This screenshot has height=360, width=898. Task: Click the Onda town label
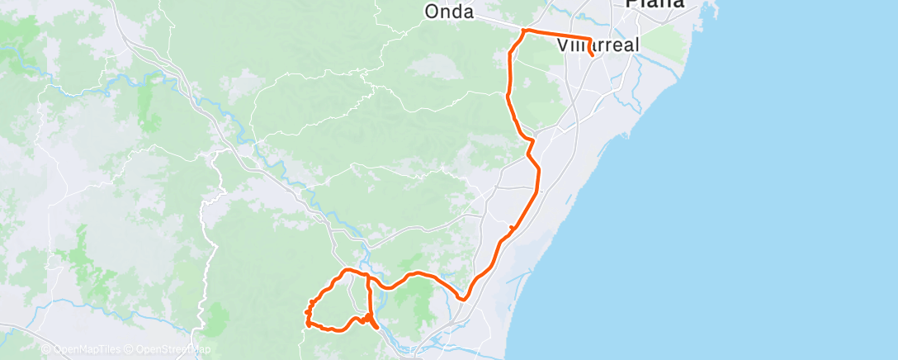point(449,12)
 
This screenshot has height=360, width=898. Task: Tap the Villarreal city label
point(598,45)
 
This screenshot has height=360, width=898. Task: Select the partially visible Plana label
point(655,4)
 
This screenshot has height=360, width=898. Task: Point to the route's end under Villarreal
point(593,56)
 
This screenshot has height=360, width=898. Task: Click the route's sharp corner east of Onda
point(523,31)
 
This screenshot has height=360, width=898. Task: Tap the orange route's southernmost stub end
point(378,328)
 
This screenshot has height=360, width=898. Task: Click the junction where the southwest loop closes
point(367,275)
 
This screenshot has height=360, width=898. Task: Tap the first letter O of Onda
point(432,12)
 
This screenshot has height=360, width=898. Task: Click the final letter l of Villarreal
point(636,45)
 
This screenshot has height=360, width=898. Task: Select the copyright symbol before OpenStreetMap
point(130,349)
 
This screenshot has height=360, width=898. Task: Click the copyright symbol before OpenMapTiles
point(45,349)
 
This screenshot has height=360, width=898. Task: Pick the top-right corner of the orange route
point(588,38)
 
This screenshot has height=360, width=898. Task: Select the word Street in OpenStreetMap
point(174,349)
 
